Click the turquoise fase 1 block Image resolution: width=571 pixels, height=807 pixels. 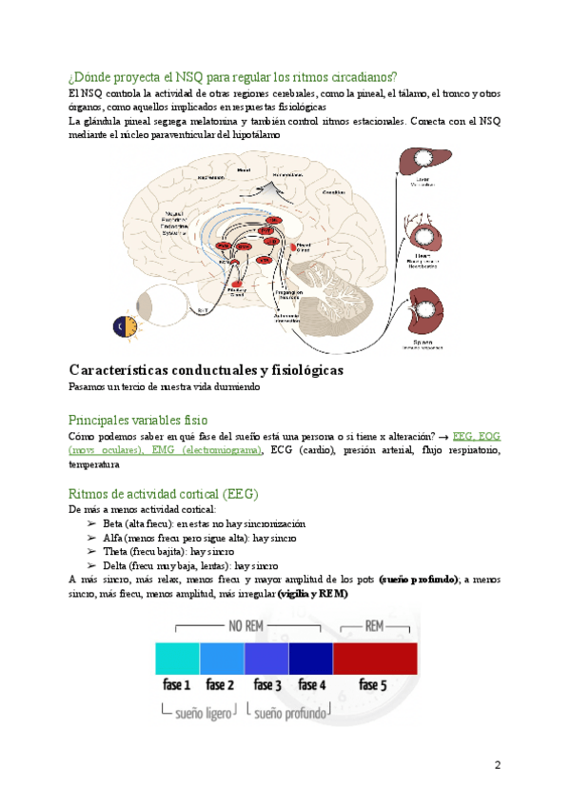pos(177,659)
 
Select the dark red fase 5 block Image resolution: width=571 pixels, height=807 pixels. pos(375,659)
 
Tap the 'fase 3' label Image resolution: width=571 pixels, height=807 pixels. pos(266,684)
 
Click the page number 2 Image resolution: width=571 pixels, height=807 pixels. pos(497,766)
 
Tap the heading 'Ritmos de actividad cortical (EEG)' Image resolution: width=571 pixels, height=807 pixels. pos(164,494)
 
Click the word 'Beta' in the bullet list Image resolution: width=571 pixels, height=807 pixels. pos(112,523)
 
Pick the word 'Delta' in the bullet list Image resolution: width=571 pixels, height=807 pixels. pos(114,564)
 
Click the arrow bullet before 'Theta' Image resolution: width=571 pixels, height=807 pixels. pos(91,551)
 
